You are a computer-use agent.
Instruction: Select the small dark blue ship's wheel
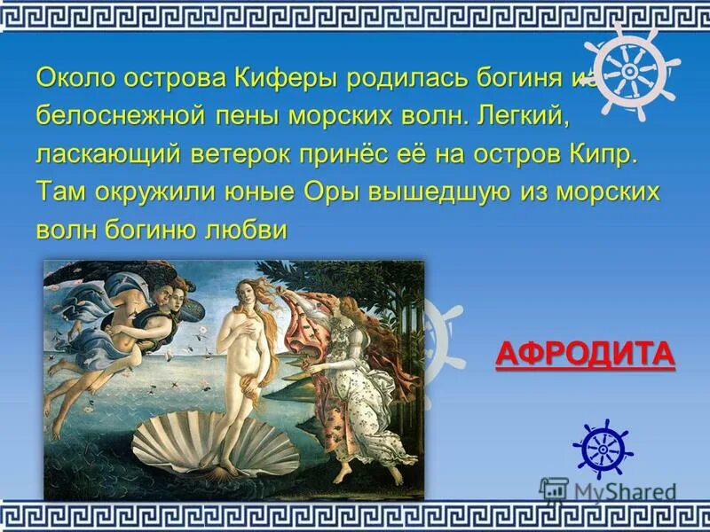pyautogui.click(x=603, y=448)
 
